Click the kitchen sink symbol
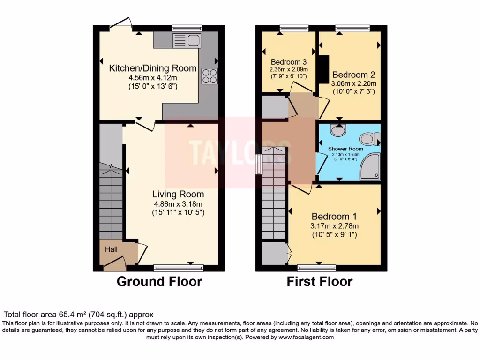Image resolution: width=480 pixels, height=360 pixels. tap(187, 41)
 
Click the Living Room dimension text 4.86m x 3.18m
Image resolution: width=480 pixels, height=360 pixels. tap(178, 203)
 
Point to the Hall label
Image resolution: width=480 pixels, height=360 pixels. tap(111, 249)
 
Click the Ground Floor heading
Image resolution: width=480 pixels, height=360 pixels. tap(159, 282)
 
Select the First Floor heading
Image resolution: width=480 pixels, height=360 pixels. tap(320, 282)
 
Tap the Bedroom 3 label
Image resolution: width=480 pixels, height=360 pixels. tap(289, 62)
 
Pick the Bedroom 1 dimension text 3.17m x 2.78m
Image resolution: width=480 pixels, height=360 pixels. tap(334, 226)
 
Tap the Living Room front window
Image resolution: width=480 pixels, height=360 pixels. tap(179, 268)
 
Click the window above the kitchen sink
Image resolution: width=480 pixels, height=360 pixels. tap(187, 28)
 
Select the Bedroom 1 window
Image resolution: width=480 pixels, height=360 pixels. tap(313, 268)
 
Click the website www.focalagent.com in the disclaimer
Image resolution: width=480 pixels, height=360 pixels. tap(306, 337)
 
